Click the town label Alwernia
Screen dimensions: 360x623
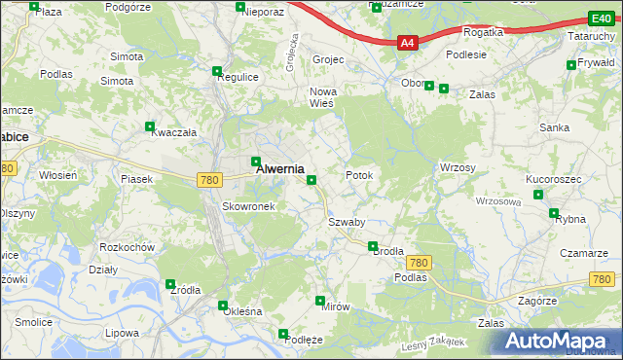pos(279,168)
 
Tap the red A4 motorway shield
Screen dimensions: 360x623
pos(408,43)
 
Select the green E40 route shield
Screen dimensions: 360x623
pos(601,18)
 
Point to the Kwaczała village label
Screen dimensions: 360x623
pos(174,133)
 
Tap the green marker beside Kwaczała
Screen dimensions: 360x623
pos(150,126)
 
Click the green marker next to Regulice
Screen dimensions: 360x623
pos(217,70)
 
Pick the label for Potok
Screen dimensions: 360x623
pos(359,175)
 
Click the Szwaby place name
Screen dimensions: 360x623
pos(347,222)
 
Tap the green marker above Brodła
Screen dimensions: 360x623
pos(373,245)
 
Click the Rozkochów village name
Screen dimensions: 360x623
pos(128,246)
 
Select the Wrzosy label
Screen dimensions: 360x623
pos(458,167)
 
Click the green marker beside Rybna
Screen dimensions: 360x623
pos(554,213)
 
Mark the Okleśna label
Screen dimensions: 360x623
pos(242,311)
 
